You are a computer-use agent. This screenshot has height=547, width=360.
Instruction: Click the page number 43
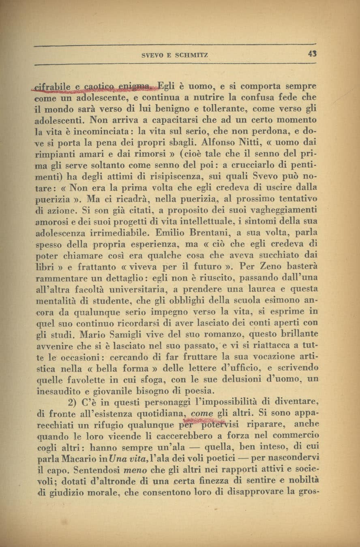point(312,53)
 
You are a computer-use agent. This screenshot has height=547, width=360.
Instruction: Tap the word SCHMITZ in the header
point(191,55)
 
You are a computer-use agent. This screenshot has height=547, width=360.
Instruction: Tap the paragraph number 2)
point(73,402)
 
